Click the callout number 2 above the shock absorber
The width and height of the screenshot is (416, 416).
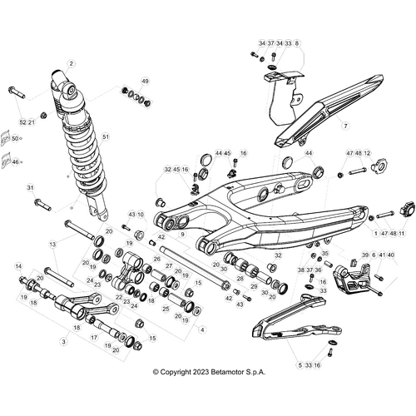72,63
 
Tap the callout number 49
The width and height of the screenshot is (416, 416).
145,81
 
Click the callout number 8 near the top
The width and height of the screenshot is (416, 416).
297,42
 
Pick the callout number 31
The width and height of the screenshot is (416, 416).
30,187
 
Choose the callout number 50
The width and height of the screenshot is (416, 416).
14,138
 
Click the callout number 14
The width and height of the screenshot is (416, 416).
17,266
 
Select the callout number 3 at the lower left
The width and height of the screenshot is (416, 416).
63,341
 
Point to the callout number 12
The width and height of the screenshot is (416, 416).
367,154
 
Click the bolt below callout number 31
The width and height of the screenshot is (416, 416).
42,203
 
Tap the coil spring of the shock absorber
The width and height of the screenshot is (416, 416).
83,141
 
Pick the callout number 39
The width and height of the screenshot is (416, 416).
364,255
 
